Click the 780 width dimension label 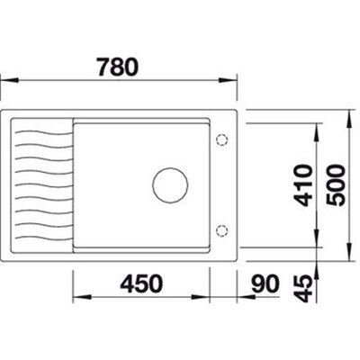tap(118, 67)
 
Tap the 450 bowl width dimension tap(141, 283)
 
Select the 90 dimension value tap(265, 283)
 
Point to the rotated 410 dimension tap(302, 185)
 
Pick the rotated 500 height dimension tap(336, 185)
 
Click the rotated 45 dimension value tap(302, 289)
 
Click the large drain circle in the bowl tap(170, 184)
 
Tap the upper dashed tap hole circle tap(222, 139)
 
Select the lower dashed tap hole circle tap(222, 230)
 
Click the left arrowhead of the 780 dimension tap(10, 80)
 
